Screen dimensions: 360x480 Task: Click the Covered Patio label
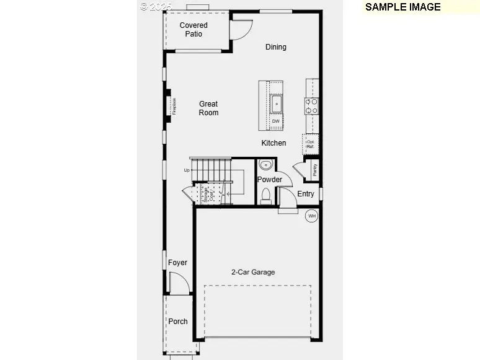tap(193, 29)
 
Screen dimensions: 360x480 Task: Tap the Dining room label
tap(276, 47)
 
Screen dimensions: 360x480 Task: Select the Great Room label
tap(208, 108)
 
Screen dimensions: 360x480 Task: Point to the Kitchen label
tap(273, 143)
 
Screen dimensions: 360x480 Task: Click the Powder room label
tap(270, 180)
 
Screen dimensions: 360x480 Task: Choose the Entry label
tap(306, 194)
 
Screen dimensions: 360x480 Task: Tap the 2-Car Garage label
tap(253, 272)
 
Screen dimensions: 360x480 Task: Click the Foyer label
tap(177, 263)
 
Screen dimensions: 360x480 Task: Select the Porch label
tap(178, 322)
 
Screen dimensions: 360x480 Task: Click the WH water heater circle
tap(311, 216)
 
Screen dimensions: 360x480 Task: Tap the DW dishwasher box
tap(275, 121)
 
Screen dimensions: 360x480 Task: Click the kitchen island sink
tap(277, 103)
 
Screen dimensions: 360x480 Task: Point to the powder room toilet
tap(266, 196)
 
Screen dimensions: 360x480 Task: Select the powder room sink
tap(265, 165)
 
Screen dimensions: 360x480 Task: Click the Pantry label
tap(314, 169)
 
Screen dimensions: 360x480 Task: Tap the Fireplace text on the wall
tap(174, 106)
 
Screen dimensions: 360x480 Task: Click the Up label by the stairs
tap(186, 170)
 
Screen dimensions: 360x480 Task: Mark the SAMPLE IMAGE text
tap(402, 7)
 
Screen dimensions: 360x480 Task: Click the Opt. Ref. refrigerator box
tap(311, 144)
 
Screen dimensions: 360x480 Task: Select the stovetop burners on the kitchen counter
tap(311, 106)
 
